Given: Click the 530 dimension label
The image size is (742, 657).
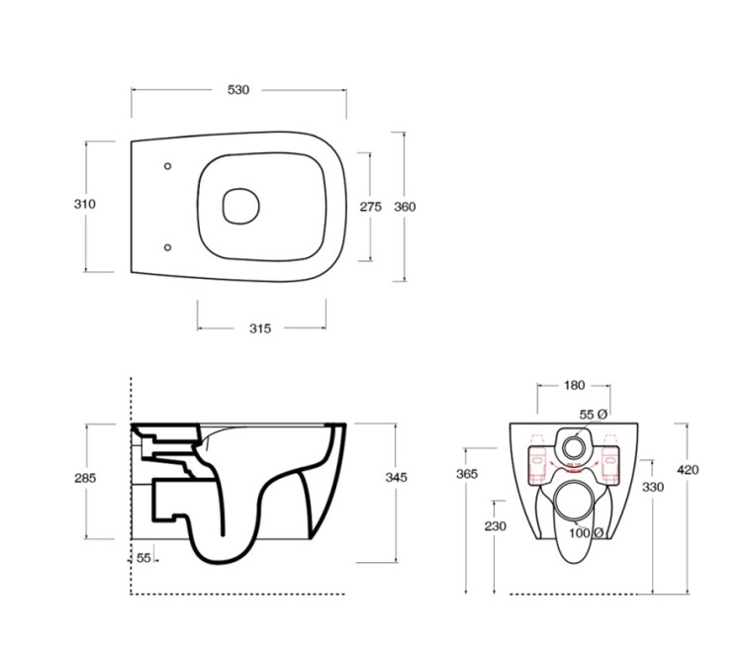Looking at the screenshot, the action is tap(238, 89).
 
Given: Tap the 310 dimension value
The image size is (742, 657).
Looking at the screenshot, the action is tap(85, 204).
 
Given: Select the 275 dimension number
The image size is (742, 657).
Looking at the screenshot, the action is tap(371, 207).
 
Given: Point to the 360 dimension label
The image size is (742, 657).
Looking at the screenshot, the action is tap(405, 207).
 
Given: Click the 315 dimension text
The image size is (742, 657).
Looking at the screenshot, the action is tap(260, 328).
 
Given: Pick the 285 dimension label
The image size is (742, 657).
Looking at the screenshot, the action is tap(85, 478).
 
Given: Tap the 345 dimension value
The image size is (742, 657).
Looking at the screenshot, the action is tap(396, 478).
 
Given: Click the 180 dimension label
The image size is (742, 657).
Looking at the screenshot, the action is tap(574, 385).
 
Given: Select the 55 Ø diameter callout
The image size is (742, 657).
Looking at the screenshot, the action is tap(593, 415).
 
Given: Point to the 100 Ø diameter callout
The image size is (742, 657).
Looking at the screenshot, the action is tap(586, 533).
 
